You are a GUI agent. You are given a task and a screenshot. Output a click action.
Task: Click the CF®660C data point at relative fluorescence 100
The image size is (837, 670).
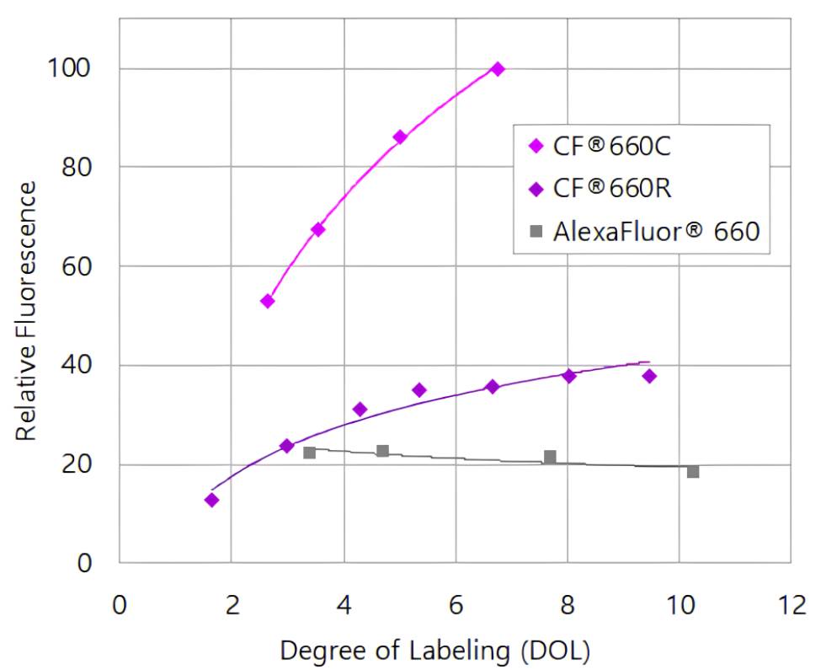click(498, 69)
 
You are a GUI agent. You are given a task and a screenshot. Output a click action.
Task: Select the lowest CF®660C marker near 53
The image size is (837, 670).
click(268, 301)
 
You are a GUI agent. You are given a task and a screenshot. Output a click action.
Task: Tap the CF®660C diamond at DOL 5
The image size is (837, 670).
click(400, 137)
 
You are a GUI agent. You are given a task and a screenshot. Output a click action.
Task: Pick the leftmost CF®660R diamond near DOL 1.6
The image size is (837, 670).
click(211, 500)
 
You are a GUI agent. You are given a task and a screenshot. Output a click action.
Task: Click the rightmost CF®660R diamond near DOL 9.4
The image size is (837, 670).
click(649, 376)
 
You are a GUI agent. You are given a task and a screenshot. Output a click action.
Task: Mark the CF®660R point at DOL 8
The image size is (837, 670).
click(569, 376)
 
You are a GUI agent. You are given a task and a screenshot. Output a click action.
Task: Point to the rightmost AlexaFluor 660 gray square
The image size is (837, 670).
click(693, 472)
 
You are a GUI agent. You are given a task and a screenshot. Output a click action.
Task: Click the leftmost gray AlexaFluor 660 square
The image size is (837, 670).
click(309, 453)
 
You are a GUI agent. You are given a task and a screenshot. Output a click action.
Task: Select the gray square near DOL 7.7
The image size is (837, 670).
click(550, 457)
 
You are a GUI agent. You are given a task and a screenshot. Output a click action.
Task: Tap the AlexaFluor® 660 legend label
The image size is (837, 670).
click(656, 231)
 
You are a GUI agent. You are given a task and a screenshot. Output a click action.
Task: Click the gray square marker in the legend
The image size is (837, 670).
click(534, 231)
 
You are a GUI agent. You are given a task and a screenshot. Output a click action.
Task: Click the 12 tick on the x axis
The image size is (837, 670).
click(791, 605)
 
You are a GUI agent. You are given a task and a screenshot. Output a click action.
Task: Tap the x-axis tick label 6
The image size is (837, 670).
click(456, 605)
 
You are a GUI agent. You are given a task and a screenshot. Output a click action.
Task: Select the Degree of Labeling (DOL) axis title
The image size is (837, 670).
click(434, 651)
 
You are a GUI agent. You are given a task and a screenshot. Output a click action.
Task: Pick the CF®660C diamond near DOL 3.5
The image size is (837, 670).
click(318, 229)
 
